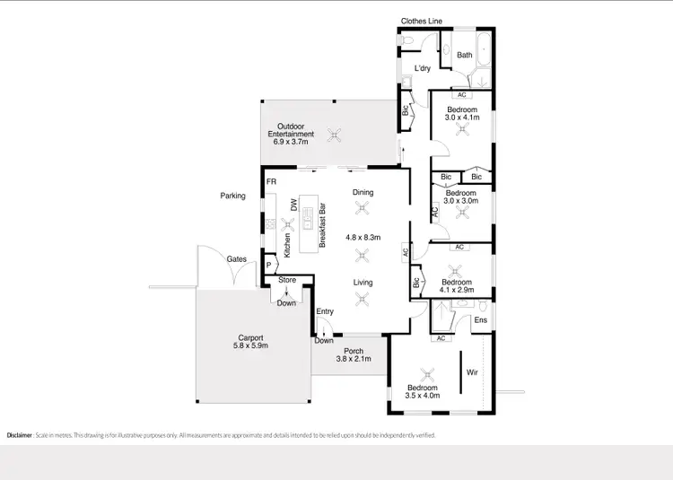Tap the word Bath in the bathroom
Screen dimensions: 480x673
point(465,56)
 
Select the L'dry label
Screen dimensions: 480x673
point(423,69)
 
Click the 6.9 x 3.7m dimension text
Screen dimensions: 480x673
point(291,142)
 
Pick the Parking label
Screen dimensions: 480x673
point(232,196)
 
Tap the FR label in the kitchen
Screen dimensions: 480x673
point(271,182)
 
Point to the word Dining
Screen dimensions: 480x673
point(363,192)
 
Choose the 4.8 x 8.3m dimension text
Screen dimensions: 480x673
point(363,238)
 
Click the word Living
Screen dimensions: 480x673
point(363,283)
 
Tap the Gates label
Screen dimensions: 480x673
point(236,259)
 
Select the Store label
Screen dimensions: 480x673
point(286,281)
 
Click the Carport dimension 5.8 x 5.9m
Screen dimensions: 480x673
point(251,345)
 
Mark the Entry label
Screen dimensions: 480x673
point(325,311)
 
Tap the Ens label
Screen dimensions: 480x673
point(481,320)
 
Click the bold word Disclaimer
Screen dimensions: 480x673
point(20,435)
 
